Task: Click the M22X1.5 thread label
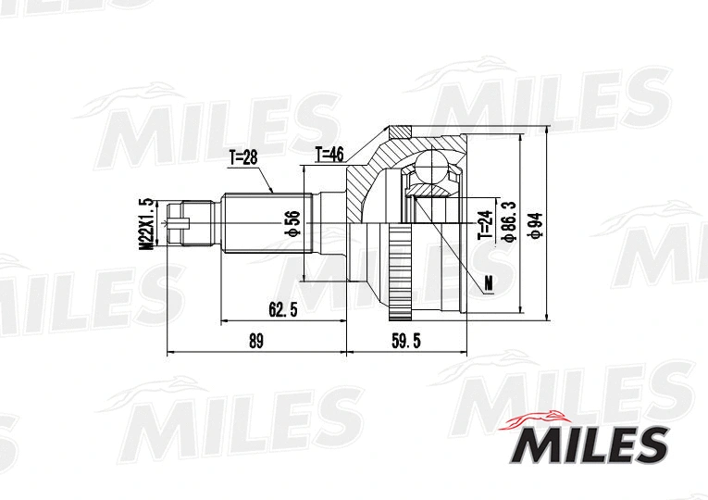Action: [x=144, y=223]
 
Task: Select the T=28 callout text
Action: [x=242, y=157]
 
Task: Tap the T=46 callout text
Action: [x=329, y=155]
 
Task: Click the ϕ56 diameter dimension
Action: [x=292, y=223]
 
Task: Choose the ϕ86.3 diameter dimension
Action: [x=508, y=223]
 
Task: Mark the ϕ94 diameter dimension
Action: [x=534, y=223]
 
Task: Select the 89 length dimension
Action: [x=256, y=341]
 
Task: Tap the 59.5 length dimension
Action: [x=405, y=341]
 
